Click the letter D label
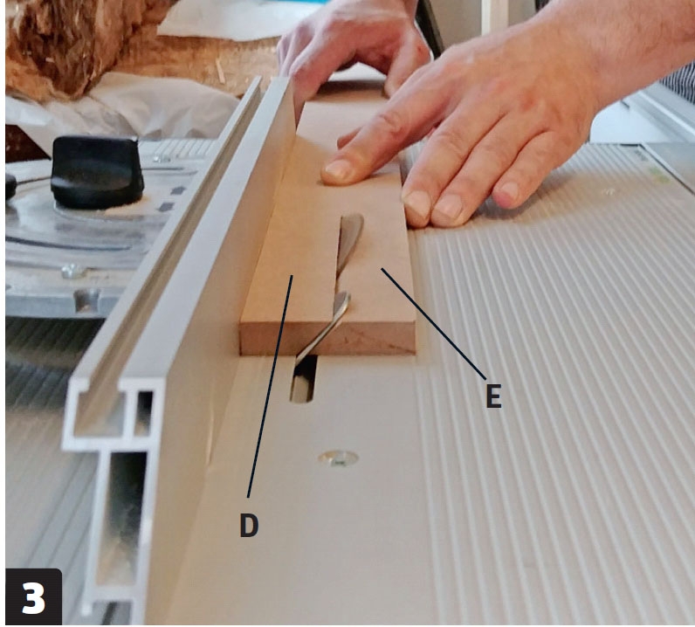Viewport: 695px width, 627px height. (249, 525)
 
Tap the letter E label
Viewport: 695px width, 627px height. (494, 396)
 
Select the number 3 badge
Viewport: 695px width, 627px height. (34, 597)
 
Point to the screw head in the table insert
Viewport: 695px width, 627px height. (339, 458)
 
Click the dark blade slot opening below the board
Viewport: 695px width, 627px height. (304, 380)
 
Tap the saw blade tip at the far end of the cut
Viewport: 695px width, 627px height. (353, 217)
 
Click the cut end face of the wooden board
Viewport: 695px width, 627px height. (328, 339)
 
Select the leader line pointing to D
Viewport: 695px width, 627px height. (270, 386)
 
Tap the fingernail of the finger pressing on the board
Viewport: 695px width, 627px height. (337, 170)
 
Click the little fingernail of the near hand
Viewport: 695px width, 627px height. (507, 191)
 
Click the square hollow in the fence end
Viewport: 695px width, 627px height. (144, 412)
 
